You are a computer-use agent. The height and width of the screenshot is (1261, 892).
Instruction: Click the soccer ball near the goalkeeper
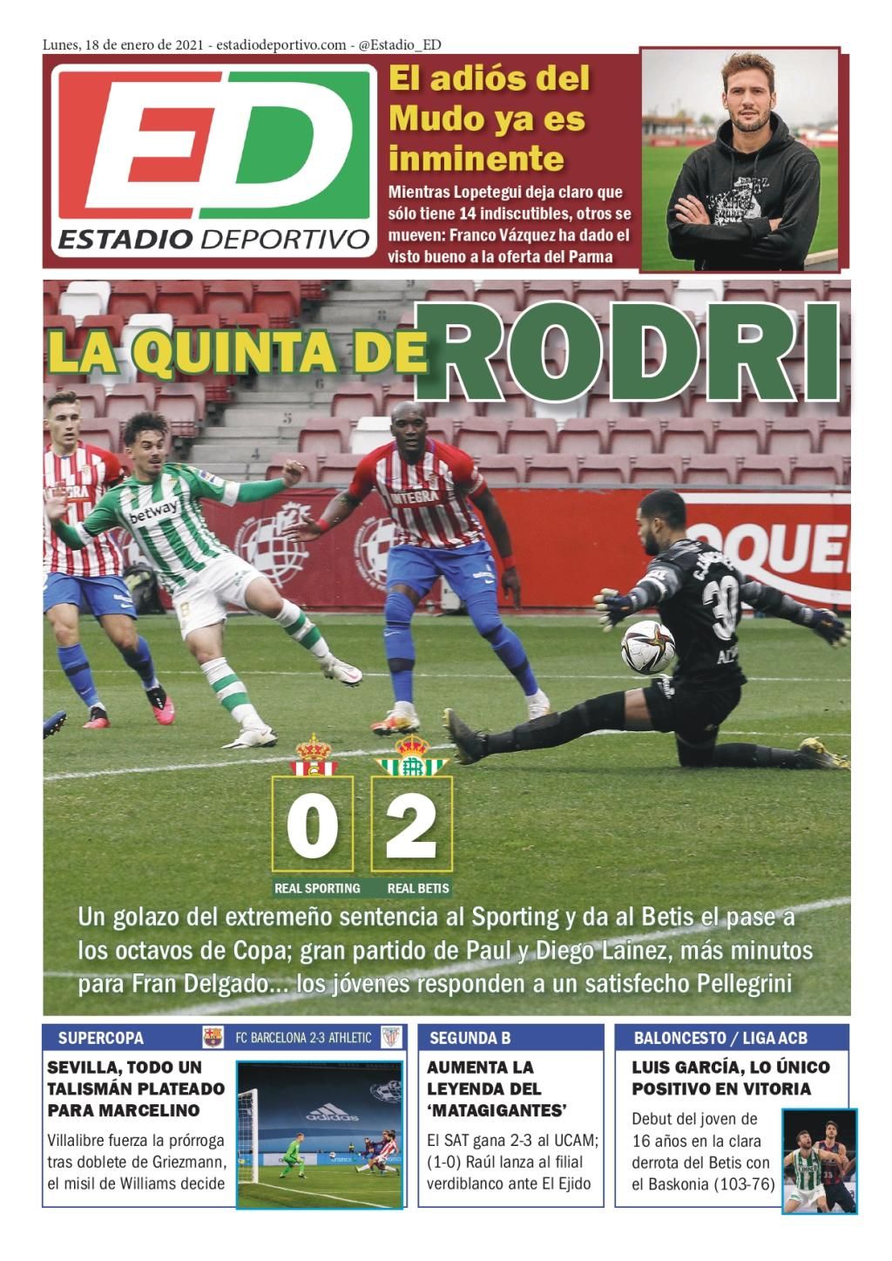pyautogui.click(x=647, y=647)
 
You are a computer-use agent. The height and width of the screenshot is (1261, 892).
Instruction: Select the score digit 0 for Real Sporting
pyautogui.click(x=312, y=824)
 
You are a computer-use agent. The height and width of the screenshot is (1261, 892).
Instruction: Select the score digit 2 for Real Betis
pyautogui.click(x=411, y=824)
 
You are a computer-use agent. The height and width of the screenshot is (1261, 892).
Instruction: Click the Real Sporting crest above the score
pyautogui.click(x=313, y=756)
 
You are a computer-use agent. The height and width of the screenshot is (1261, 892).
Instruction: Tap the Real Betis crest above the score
pyautogui.click(x=411, y=756)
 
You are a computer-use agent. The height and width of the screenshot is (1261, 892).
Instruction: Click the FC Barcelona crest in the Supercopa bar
pyautogui.click(x=213, y=1037)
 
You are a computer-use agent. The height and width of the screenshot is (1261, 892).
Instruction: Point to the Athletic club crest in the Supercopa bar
pyautogui.click(x=391, y=1037)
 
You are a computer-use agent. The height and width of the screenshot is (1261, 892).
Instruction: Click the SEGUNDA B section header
pyautogui.click(x=470, y=1038)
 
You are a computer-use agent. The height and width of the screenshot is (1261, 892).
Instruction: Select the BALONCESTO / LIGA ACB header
pyautogui.click(x=720, y=1038)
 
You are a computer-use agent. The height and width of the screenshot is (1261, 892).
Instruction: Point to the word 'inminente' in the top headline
pyautogui.click(x=476, y=159)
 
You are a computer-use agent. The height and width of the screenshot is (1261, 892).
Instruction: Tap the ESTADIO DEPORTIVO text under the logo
pyautogui.click(x=213, y=238)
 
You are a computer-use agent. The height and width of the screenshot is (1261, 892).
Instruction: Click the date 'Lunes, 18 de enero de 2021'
pyautogui.click(x=123, y=45)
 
